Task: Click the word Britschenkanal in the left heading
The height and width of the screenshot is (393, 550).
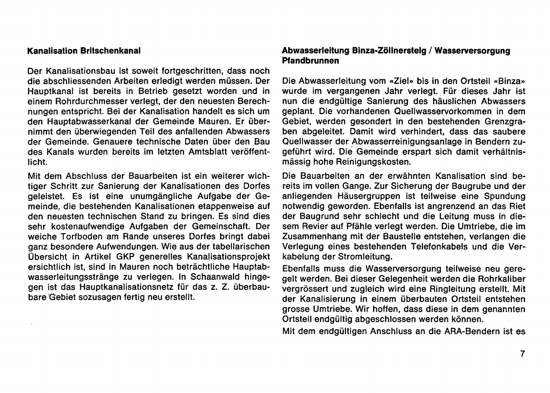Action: coord(110,50)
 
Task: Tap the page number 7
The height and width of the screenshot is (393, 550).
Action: coord(522,354)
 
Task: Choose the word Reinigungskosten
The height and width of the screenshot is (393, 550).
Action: coord(371,162)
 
